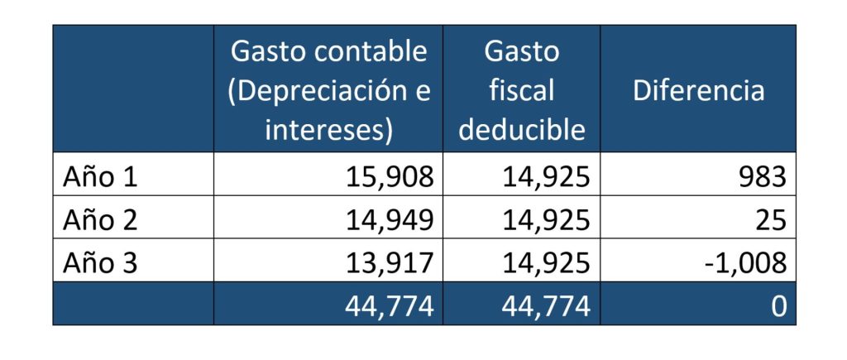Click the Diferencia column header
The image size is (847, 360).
tap(698, 90)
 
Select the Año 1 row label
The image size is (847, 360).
tap(100, 176)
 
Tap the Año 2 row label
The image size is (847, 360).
tap(100, 220)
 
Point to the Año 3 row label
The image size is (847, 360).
tap(100, 263)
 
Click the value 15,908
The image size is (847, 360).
tap(385, 176)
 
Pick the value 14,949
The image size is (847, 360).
tap(385, 220)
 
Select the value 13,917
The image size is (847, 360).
tap(385, 263)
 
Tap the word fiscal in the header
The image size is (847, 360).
tap(522, 90)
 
